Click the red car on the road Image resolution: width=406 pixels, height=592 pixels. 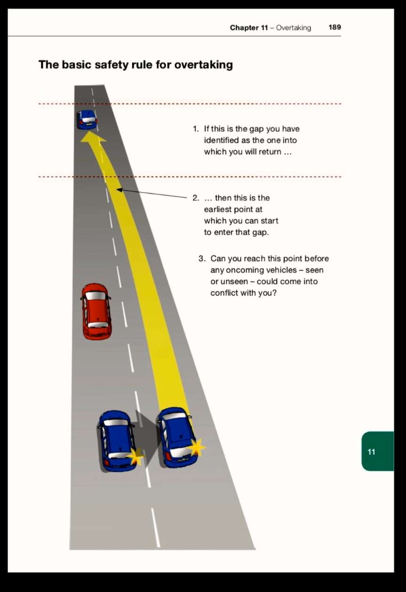[x=96, y=312]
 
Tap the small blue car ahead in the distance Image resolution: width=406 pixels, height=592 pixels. [x=87, y=120]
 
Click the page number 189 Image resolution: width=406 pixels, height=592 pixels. [x=335, y=27]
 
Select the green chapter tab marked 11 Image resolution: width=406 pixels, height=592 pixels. [x=377, y=451]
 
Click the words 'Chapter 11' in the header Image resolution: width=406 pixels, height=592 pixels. [x=249, y=27]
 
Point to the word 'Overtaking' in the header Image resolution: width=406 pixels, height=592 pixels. [x=293, y=28]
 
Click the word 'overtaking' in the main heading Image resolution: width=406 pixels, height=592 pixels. [x=203, y=65]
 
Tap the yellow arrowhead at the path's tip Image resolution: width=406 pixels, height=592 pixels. [x=93, y=137]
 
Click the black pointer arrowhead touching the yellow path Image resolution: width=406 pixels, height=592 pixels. [x=119, y=189]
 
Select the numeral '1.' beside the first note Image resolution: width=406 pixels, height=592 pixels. [x=195, y=129]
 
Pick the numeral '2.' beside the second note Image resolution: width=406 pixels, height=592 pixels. [x=196, y=198]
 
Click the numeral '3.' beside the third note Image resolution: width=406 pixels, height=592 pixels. [x=202, y=258]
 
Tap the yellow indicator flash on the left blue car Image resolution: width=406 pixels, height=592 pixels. [x=135, y=456]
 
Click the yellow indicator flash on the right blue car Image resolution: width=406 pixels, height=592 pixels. [x=196, y=447]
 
